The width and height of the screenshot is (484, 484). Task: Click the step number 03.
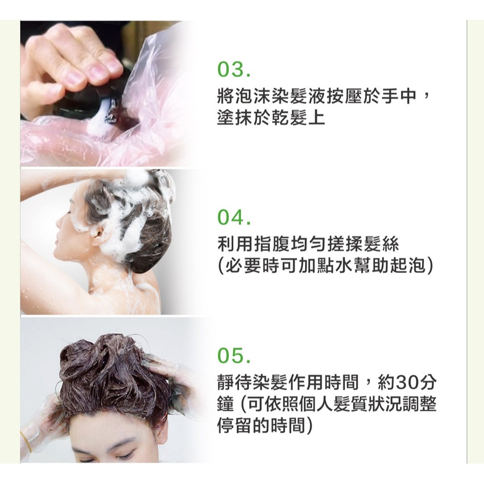click(x=233, y=72)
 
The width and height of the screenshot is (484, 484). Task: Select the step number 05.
click(x=233, y=359)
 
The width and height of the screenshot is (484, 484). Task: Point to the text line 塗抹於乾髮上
click(x=271, y=117)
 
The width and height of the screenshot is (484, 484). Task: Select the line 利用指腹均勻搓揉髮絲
click(x=308, y=245)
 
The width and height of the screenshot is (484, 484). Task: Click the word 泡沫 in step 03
click(x=248, y=97)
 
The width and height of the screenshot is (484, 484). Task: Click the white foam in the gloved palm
click(x=99, y=123)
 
